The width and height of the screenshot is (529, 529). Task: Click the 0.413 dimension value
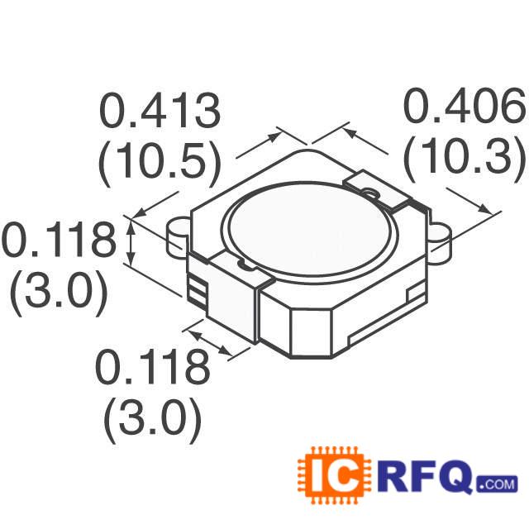coord(160,112)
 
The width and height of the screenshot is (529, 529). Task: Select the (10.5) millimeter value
coord(160,165)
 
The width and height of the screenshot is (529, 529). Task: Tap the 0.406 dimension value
coord(464,107)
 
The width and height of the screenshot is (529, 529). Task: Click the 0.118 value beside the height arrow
coord(58,242)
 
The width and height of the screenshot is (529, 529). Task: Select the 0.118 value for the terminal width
coord(151,367)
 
